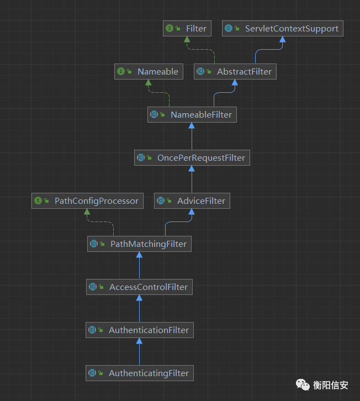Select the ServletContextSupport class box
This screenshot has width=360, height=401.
click(x=283, y=29)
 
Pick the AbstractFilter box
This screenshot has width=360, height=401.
click(x=235, y=72)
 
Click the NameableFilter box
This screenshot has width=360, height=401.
click(x=193, y=115)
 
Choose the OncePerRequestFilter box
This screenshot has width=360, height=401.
click(x=192, y=158)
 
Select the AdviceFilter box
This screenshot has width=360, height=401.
click(x=192, y=201)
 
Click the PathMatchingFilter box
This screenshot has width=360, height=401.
click(x=139, y=244)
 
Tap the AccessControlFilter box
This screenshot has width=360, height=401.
click(x=139, y=287)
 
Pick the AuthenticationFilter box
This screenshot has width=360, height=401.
click(x=139, y=330)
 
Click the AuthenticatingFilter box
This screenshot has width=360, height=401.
click(x=139, y=373)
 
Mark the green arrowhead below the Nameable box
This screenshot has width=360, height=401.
click(x=149, y=83)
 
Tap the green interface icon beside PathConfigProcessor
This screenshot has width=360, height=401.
click(x=38, y=201)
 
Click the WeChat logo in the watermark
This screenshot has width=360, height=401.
click(x=303, y=384)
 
